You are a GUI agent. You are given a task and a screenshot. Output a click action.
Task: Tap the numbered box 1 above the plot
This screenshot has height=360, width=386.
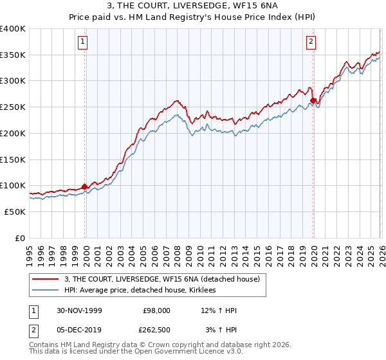click(x=84, y=42)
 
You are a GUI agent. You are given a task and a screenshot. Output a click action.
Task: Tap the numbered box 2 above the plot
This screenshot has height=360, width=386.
click(x=311, y=42)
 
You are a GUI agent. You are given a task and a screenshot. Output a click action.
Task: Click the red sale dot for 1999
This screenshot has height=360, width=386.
click(x=84, y=186)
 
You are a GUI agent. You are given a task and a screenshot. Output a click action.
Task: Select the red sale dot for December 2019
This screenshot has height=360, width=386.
click(x=313, y=100)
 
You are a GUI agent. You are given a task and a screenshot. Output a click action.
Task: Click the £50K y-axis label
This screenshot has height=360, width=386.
click(x=15, y=212)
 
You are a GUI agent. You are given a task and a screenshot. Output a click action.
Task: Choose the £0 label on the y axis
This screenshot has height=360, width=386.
click(x=21, y=238)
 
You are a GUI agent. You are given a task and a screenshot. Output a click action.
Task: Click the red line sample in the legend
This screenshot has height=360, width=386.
click(x=46, y=280)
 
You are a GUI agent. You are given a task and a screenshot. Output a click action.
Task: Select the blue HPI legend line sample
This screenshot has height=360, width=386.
click(x=46, y=291)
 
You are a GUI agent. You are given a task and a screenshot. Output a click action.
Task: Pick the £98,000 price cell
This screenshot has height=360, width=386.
click(x=156, y=310)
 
